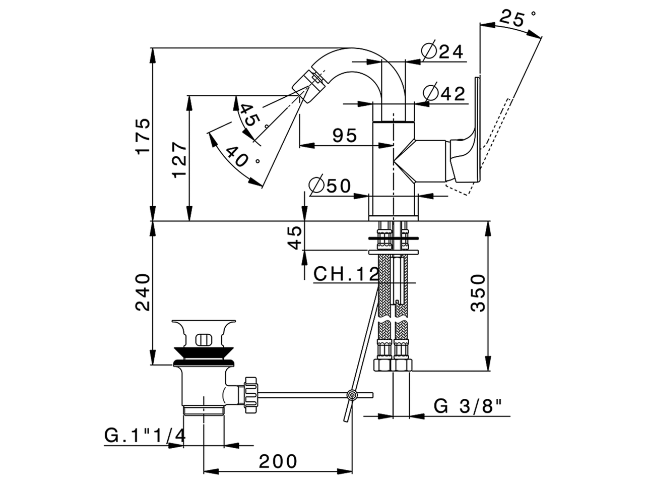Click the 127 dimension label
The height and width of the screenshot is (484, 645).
[180, 159]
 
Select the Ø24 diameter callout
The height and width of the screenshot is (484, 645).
[442, 51]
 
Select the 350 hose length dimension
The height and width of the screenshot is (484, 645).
[478, 293]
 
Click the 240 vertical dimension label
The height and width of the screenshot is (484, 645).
[143, 292]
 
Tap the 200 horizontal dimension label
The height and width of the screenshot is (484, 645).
[278, 460]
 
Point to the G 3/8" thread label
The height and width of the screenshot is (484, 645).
[468, 406]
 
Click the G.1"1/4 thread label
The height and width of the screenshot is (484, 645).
[145, 435]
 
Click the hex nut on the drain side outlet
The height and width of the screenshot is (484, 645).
[250, 393]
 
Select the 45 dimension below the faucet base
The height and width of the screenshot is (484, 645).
[296, 237]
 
